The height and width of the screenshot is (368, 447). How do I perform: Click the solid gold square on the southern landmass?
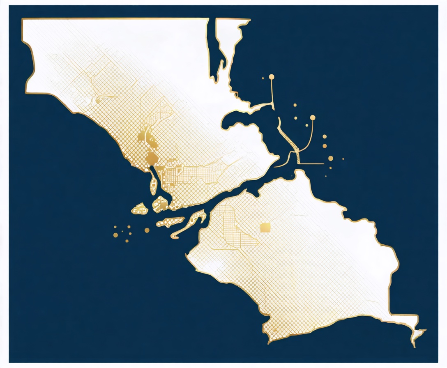point(265,227)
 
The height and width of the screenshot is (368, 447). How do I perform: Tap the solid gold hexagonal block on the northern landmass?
point(151,158)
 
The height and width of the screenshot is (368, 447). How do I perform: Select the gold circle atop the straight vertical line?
point(271,76)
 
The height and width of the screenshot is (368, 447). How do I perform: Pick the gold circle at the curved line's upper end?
point(313,118)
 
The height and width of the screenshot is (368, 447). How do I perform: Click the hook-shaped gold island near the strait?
point(191,222)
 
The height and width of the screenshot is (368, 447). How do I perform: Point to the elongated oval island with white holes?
point(170,222)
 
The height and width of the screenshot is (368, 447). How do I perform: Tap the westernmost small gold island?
point(139,209)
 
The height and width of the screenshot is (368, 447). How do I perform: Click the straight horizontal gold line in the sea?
point(312,163)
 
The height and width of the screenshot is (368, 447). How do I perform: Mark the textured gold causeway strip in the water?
point(289,140)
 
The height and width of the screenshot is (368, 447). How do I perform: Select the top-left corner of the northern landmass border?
point(23,19)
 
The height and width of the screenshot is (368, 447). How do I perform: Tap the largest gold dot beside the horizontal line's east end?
point(330,158)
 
